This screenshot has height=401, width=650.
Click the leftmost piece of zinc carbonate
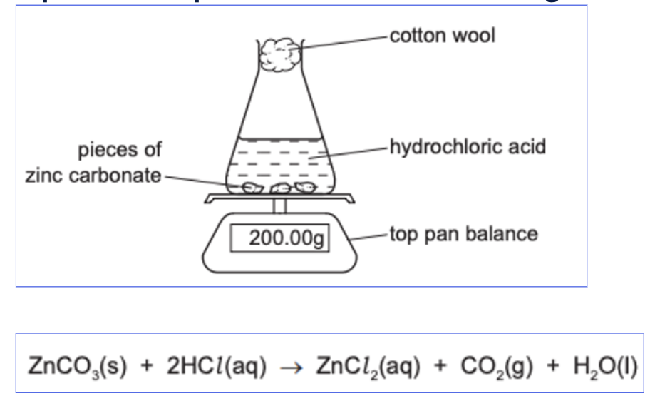pyautogui.click(x=251, y=188)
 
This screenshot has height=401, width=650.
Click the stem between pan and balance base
pyautogui.click(x=279, y=206)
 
